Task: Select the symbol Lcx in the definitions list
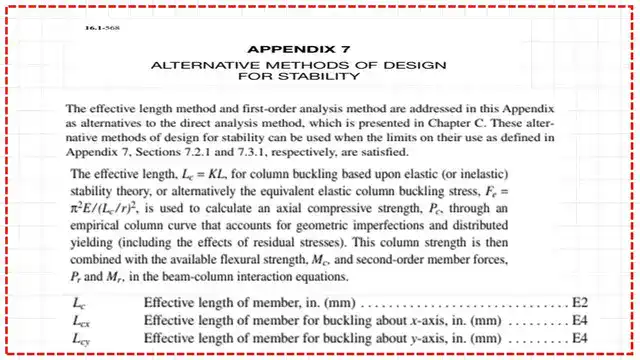(x=81, y=323)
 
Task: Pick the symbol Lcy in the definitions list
(x=81, y=341)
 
